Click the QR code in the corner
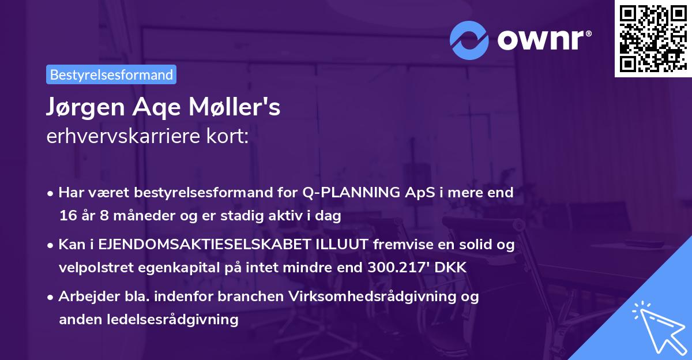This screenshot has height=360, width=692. pyautogui.click(x=653, y=38)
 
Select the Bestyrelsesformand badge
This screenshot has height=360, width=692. pyautogui.click(x=111, y=74)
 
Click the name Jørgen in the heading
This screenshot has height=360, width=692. pyautogui.click(x=79, y=108)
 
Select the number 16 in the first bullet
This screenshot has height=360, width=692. pyautogui.click(x=67, y=216)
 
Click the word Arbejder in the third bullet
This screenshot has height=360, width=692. pyautogui.click(x=83, y=297)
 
